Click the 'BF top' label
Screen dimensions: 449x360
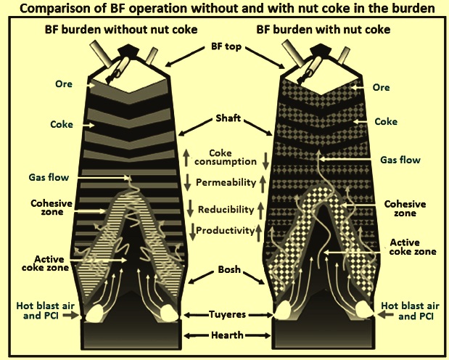tap(226, 46)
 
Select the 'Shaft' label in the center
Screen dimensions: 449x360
tap(228, 118)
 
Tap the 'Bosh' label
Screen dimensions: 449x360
tap(229, 269)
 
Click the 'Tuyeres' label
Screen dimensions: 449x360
tap(227, 314)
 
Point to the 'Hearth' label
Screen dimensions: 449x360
tap(227, 335)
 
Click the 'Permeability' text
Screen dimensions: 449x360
tap(226, 183)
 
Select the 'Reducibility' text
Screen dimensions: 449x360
tap(226, 210)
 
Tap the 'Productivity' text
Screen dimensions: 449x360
tap(226, 231)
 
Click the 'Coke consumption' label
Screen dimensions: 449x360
tap(226, 157)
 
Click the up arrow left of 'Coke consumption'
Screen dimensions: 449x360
tap(186, 157)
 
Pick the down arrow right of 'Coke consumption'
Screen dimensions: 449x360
tap(265, 160)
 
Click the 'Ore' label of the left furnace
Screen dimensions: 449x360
tap(64, 84)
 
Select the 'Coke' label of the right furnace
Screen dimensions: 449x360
tap(386, 121)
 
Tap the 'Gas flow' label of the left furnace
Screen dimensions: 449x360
tap(49, 177)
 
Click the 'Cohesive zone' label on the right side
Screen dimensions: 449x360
tap(405, 208)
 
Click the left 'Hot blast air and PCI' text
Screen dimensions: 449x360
tap(45, 311)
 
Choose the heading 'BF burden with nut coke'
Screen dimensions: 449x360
tap(324, 30)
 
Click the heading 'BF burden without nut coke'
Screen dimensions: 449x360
tap(121, 30)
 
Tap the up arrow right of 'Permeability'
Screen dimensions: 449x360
tap(263, 184)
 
